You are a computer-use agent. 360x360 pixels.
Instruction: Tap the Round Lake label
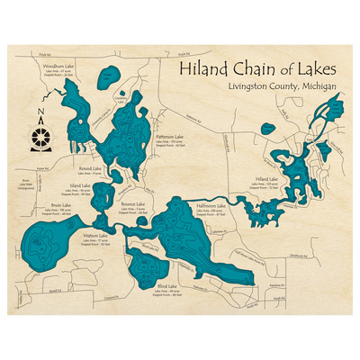pos(89,168)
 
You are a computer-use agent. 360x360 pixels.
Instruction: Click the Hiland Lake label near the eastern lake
pos(266,179)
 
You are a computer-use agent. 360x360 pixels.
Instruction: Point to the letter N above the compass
pos(40,115)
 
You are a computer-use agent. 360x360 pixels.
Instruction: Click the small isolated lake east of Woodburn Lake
pos(108,76)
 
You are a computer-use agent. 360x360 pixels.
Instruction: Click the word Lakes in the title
pos(314,70)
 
